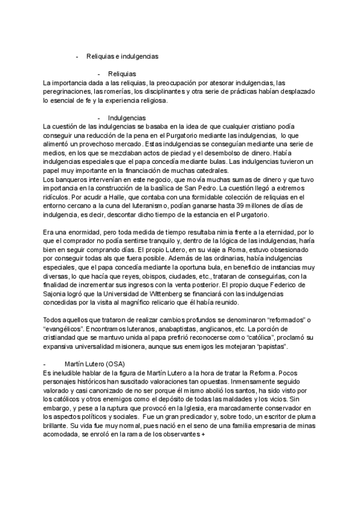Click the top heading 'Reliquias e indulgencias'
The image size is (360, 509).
click(x=122, y=56)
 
